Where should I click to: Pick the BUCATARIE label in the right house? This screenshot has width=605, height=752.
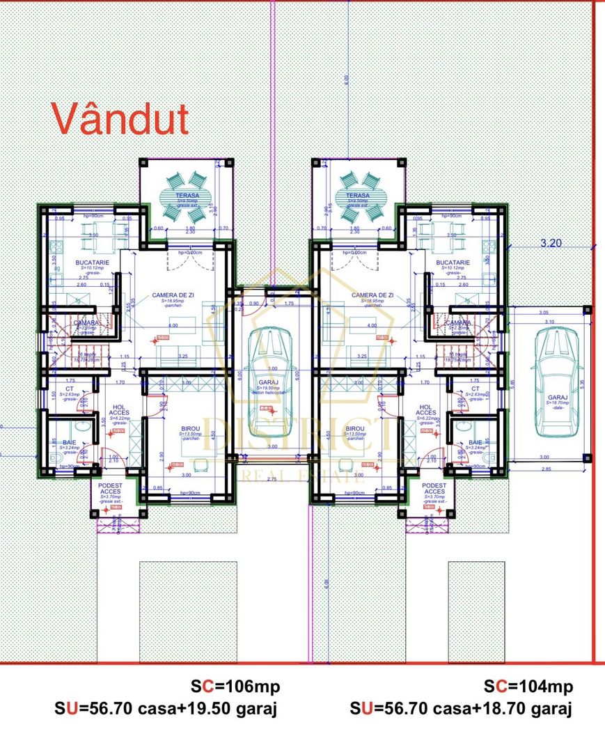[x=453, y=263]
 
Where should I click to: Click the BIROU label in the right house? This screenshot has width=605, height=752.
[x=355, y=429]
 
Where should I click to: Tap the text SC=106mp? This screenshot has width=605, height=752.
[x=235, y=687]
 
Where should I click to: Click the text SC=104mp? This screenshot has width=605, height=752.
[x=528, y=687]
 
